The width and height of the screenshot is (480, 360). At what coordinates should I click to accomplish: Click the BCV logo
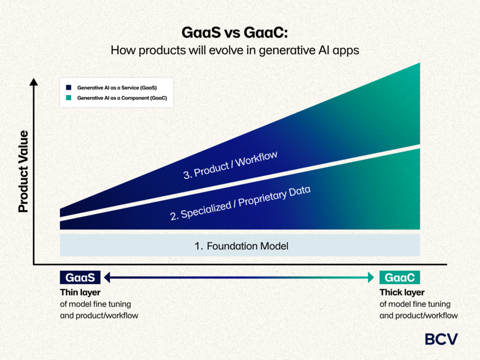pyautogui.click(x=441, y=339)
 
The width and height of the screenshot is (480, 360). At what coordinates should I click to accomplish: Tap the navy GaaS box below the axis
pyautogui.click(x=80, y=277)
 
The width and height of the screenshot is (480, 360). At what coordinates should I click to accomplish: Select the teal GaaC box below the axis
pyautogui.click(x=400, y=277)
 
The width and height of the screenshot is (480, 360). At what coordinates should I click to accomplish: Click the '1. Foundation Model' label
pyautogui.click(x=241, y=246)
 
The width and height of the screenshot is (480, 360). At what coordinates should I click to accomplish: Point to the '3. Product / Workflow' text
pyautogui.click(x=230, y=165)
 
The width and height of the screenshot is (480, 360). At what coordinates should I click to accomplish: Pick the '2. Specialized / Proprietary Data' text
pyautogui.click(x=240, y=203)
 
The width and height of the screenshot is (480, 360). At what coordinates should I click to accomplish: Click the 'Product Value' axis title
pyautogui.click(x=23, y=172)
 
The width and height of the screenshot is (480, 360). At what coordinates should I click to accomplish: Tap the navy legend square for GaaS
pyautogui.click(x=69, y=87)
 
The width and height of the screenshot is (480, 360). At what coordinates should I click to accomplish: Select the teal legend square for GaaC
pyautogui.click(x=69, y=98)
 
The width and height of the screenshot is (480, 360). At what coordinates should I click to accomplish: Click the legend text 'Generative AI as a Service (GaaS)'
pyautogui.click(x=117, y=88)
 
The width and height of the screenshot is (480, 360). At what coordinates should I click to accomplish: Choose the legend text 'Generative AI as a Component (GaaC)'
pyautogui.click(x=122, y=98)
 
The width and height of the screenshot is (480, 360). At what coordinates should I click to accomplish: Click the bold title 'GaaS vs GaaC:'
pyautogui.click(x=235, y=33)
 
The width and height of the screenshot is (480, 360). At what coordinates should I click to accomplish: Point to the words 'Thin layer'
pyautogui.click(x=80, y=292)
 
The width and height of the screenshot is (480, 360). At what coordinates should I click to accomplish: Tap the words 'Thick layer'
pyautogui.click(x=402, y=292)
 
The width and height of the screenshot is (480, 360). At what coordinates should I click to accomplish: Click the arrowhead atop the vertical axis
pyautogui.click(x=34, y=82)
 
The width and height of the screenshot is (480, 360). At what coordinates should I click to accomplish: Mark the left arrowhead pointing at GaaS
pyautogui.click(x=107, y=277)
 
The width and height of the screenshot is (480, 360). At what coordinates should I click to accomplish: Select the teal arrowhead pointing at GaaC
pyautogui.click(x=371, y=277)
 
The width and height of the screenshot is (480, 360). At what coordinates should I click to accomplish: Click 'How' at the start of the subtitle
pyautogui.click(x=123, y=50)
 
